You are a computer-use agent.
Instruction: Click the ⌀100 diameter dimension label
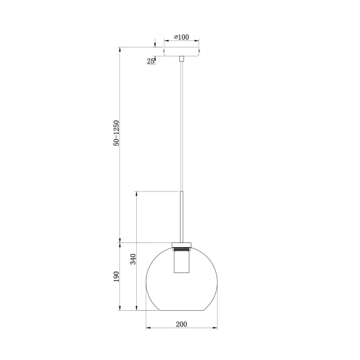[181, 37]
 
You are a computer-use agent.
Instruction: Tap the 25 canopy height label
[151, 61]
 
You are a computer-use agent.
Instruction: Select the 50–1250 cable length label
[116, 133]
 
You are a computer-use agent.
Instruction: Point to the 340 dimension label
[133, 259]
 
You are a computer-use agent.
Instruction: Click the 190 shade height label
[116, 277]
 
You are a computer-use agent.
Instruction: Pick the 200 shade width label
[181, 324]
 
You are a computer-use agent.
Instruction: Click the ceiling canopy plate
[181, 52]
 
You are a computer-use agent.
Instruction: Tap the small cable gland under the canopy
[182, 59]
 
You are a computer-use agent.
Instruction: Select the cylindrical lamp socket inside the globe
[182, 262]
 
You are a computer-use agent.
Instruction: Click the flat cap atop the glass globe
[182, 245]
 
